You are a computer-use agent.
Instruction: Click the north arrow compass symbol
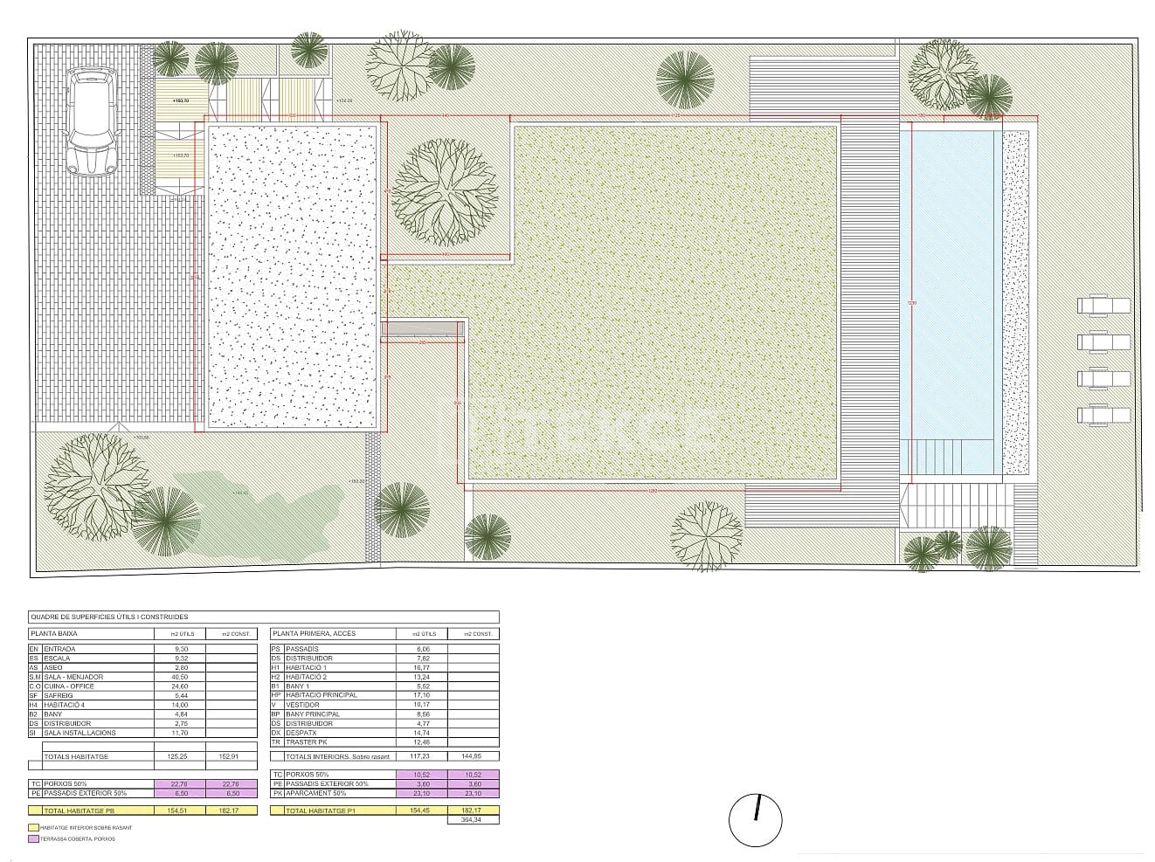click(756, 821)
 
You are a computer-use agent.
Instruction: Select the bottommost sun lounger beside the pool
click(1103, 415)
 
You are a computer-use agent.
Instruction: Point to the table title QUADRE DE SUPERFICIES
click(109, 617)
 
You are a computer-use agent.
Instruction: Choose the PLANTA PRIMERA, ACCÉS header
click(314, 633)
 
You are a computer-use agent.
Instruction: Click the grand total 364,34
click(474, 820)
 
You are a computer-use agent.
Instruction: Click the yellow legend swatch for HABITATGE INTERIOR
click(33, 826)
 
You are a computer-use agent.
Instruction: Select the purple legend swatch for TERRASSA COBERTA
click(33, 838)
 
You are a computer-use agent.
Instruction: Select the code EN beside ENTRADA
click(34, 649)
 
